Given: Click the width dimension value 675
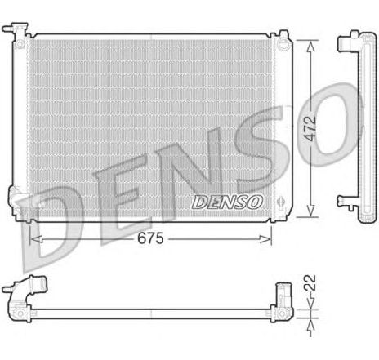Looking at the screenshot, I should tap(149, 238).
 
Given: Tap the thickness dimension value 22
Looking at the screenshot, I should tap(310, 287).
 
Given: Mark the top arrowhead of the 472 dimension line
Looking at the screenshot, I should tap(310, 43).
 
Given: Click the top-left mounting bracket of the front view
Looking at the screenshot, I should tap(15, 33).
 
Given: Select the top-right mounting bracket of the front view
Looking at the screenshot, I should tap(282, 38).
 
